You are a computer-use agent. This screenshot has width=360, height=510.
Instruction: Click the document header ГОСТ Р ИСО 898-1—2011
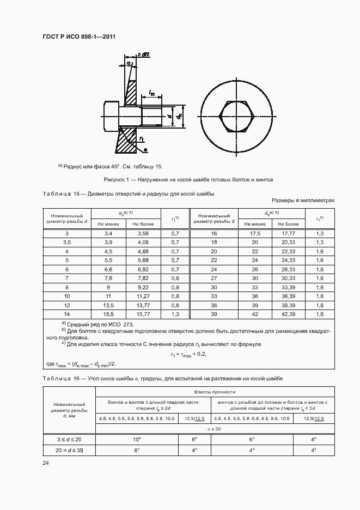(x=79, y=37)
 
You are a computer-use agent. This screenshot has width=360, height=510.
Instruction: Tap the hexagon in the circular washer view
(x=237, y=117)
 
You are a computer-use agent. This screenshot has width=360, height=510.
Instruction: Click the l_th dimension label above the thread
(x=152, y=94)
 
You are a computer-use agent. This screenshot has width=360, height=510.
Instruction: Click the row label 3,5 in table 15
(x=67, y=242)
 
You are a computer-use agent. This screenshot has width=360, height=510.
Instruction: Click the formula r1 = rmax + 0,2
(x=187, y=354)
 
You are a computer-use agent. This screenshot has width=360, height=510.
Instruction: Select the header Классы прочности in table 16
(x=215, y=392)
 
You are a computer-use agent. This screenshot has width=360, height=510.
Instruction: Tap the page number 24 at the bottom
(x=46, y=463)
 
